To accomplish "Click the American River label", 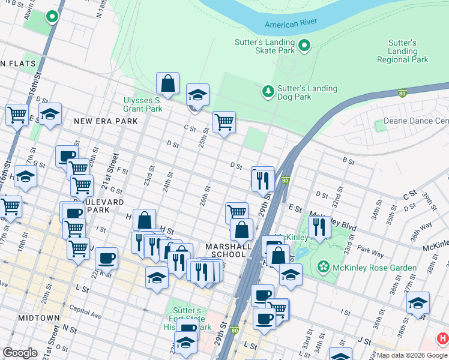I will click(x=291, y=23).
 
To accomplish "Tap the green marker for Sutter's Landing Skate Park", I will click(x=304, y=45).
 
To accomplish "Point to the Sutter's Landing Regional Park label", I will click(x=402, y=52).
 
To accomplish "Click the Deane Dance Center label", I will click(x=417, y=121).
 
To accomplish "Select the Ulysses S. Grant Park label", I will click(x=143, y=104).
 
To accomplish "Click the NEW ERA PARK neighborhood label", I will click(x=106, y=121).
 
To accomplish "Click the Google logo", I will click(x=20, y=353).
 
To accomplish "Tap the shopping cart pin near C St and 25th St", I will click(x=224, y=122).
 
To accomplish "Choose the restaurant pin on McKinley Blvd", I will click(x=319, y=226).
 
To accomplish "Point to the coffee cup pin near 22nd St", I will click(x=106, y=258).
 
